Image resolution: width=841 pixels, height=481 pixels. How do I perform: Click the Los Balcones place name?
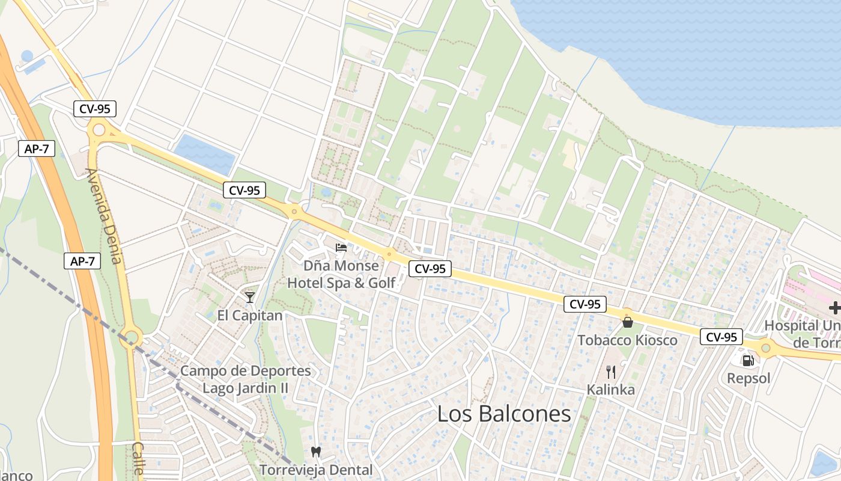click(504, 414)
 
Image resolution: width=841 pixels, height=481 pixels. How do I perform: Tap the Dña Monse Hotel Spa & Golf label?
click(341, 274)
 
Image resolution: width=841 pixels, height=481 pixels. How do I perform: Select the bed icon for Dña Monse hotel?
click(341, 247)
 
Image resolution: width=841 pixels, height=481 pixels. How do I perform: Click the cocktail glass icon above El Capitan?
click(250, 297)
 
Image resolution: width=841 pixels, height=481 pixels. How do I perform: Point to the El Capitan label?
click(250, 315)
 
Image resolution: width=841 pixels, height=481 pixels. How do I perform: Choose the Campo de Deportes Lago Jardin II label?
click(245, 379)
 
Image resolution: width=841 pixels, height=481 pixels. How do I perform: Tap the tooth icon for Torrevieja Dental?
click(316, 452)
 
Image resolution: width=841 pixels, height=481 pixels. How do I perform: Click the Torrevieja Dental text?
click(316, 470)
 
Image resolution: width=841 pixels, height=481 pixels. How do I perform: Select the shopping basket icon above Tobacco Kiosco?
click(628, 322)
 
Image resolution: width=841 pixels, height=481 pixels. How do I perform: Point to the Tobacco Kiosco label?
click(628, 340)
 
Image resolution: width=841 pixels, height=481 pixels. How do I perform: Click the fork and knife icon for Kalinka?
click(611, 371)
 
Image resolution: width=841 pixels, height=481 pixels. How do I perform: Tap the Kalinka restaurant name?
click(611, 390)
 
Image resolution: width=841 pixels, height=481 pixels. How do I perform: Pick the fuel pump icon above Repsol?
click(748, 361)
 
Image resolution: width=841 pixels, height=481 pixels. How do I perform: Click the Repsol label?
click(748, 379)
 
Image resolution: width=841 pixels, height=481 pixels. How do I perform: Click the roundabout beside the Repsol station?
click(765, 347)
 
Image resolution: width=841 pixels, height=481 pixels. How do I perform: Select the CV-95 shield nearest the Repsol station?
click(721, 337)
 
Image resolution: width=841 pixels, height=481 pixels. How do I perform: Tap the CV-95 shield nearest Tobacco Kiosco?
click(585, 304)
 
